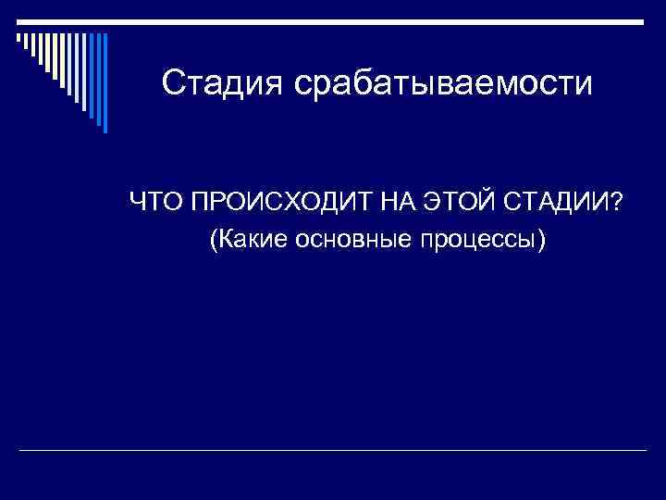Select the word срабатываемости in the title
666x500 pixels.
click(x=442, y=84)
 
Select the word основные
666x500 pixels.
click(x=354, y=241)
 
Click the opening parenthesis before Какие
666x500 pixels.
click(x=216, y=242)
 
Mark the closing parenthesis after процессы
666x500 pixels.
click(x=542, y=242)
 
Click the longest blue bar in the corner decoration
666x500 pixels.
click(x=105, y=83)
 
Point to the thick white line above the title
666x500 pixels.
click(x=370, y=21)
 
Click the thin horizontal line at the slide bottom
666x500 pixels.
click(x=333, y=450)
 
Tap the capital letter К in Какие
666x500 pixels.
click(x=228, y=241)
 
